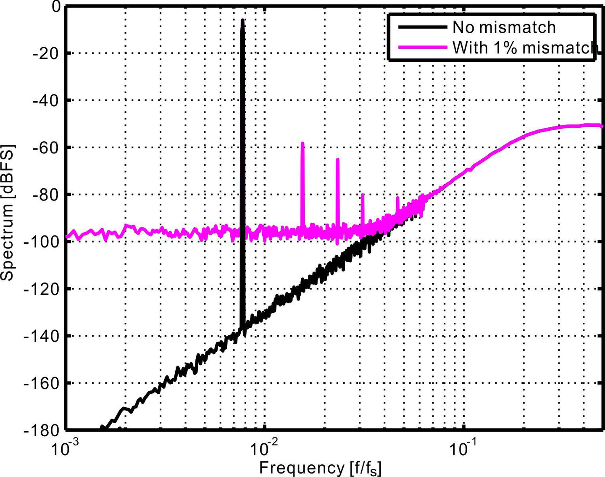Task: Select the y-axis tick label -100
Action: pos(42,242)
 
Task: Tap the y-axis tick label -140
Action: pos(42,336)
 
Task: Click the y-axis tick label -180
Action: pos(42,430)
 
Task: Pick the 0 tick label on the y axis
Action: pos(56,7)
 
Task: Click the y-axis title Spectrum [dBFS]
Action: pos(8,213)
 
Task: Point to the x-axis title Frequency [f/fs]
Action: pos(320,468)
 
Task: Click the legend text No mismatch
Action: pos(504,27)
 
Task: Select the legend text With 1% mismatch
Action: pos(525,48)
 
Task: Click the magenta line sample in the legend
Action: pos(422,47)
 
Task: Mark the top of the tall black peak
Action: pos(242,20)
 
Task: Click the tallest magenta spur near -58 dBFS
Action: pos(302,144)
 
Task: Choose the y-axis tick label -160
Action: pos(42,383)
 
